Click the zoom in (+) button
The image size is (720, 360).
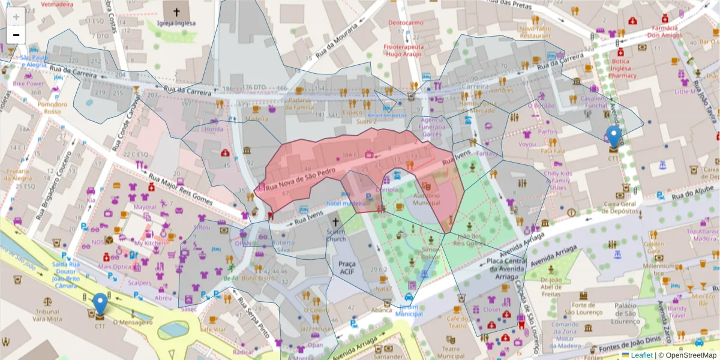[16, 17]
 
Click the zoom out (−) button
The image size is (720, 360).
[16, 35]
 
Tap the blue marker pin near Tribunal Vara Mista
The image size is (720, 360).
[100, 304]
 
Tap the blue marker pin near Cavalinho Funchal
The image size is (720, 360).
[613, 136]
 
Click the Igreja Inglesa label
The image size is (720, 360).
[176, 25]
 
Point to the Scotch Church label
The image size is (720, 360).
[336, 235]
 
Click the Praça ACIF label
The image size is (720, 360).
[347, 268]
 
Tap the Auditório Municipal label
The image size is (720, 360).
[427, 200]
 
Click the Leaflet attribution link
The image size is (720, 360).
[641, 355]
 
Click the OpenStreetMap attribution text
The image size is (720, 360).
[688, 355]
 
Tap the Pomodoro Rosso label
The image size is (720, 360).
[53, 107]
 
